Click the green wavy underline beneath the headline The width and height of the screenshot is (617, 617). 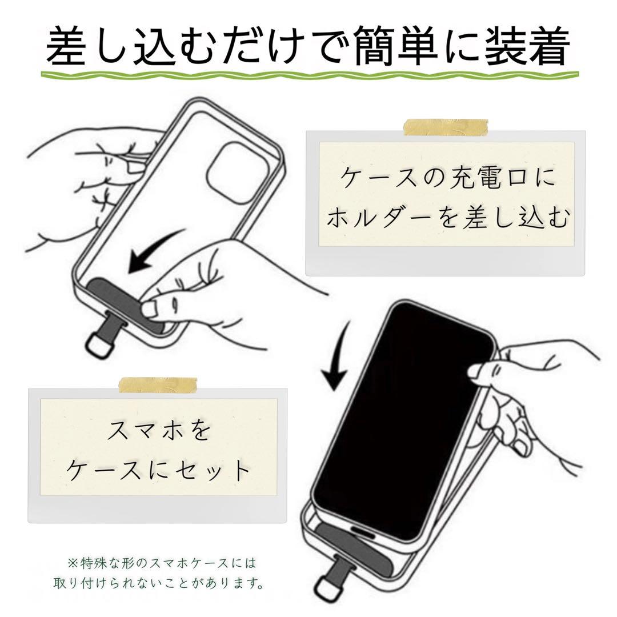pos(308,75)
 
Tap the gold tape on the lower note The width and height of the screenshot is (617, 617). pos(158,386)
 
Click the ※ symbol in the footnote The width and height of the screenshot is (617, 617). pos(72,563)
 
